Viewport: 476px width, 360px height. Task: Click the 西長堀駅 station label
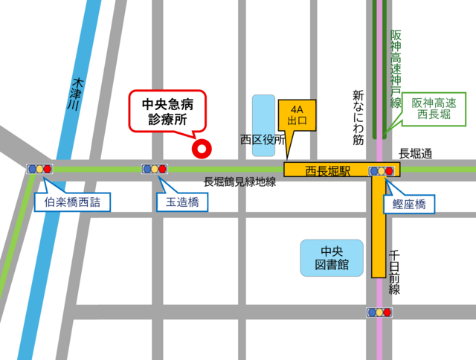coord(327,170)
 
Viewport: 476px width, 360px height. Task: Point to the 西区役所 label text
coord(263,139)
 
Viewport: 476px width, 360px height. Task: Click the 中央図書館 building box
coord(331,257)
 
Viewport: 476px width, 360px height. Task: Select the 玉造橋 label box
coord(181,201)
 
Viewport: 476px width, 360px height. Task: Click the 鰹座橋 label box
coord(408,203)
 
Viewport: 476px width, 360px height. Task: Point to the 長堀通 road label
coord(414,154)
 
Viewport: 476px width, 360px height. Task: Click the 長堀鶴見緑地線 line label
coord(240,182)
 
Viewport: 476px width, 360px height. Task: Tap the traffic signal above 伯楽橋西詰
coord(39,169)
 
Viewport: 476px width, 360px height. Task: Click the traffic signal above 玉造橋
coord(155,169)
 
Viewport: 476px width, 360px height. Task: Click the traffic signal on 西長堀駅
coord(382,171)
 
